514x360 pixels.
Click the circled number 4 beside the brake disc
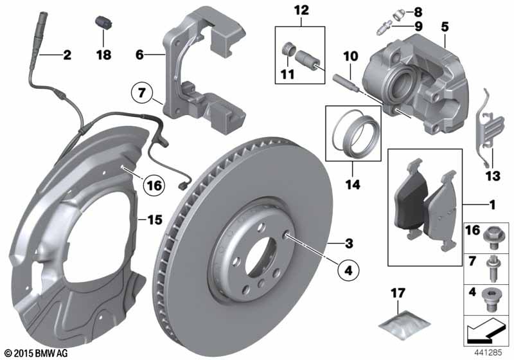pos(348,271)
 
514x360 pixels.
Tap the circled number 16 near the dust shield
pos(154,186)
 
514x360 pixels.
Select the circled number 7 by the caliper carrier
pos(141,93)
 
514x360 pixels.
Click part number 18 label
pos(103,55)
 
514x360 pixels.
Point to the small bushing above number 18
pos(103,22)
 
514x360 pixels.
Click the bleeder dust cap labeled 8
pos(398,14)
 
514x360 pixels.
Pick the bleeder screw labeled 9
pos(384,28)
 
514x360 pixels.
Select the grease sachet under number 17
pos(404,324)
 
